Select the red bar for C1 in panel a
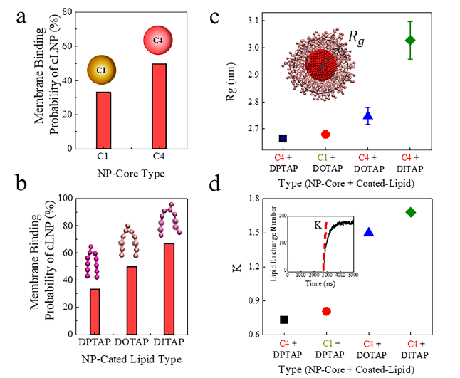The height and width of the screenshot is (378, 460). tap(103, 120)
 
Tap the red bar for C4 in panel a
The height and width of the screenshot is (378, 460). tap(158, 106)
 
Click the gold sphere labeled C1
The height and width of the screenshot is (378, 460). tap(102, 70)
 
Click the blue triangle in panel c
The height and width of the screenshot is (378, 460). tap(368, 115)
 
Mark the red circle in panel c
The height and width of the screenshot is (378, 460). tap(325, 134)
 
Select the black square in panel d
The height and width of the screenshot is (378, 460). tap(283, 320)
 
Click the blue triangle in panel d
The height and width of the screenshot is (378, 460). tap(368, 232)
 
